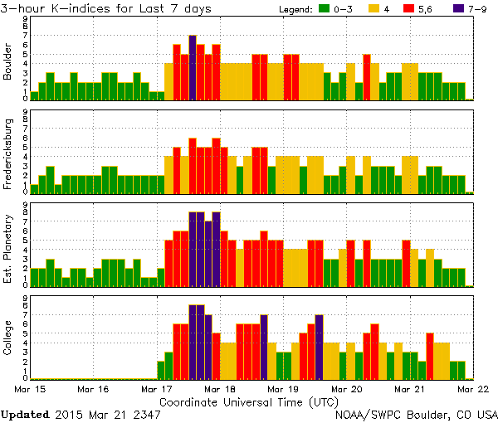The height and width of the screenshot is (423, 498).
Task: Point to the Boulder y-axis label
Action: [x=8, y=62]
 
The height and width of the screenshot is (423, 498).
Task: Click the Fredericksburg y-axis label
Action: [x=8, y=156]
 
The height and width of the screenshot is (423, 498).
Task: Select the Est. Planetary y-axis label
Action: [x=8, y=249]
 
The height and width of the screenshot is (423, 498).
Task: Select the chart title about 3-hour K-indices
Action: [x=106, y=8]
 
